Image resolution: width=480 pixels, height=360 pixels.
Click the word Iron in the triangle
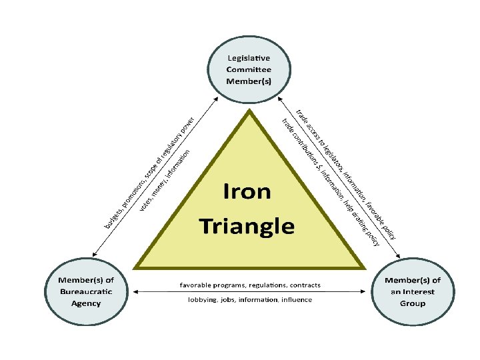click(247, 192)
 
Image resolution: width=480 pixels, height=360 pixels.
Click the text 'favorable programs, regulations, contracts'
click(250, 285)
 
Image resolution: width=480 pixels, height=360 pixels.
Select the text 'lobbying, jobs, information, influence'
click(249, 300)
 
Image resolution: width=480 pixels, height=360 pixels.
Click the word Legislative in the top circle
click(249, 59)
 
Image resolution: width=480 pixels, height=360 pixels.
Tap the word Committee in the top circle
click(249, 70)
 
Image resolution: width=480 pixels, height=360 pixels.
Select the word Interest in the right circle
click(418, 291)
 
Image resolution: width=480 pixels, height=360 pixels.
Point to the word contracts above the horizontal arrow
click(305, 285)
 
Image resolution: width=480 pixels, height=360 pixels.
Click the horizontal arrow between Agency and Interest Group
click(250, 292)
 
